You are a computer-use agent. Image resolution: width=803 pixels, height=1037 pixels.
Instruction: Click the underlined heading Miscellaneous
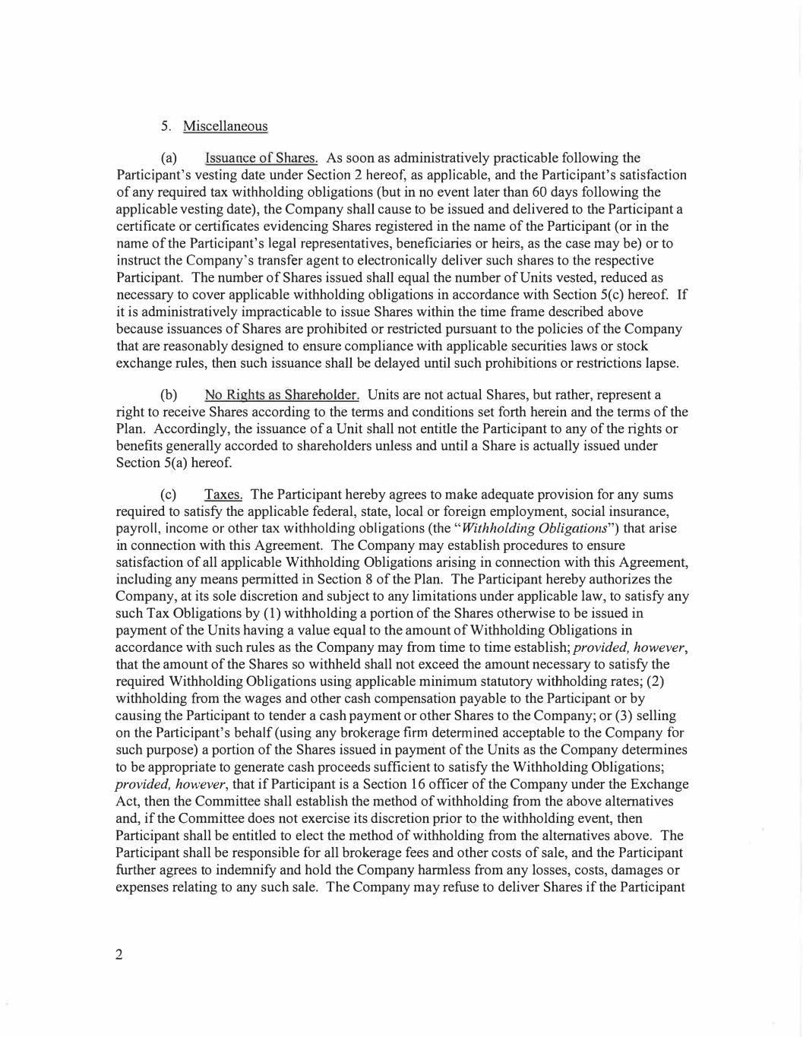click(x=225, y=126)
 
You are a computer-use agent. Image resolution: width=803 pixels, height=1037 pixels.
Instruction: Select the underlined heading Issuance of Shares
click(x=261, y=158)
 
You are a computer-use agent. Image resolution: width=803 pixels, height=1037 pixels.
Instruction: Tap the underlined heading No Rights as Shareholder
click(x=281, y=395)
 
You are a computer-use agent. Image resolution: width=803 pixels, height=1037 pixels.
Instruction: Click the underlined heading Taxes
click(x=223, y=495)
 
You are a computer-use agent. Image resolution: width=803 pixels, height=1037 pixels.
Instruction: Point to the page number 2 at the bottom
click(x=119, y=955)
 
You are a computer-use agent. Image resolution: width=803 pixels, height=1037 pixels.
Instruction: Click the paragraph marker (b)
click(x=169, y=395)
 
